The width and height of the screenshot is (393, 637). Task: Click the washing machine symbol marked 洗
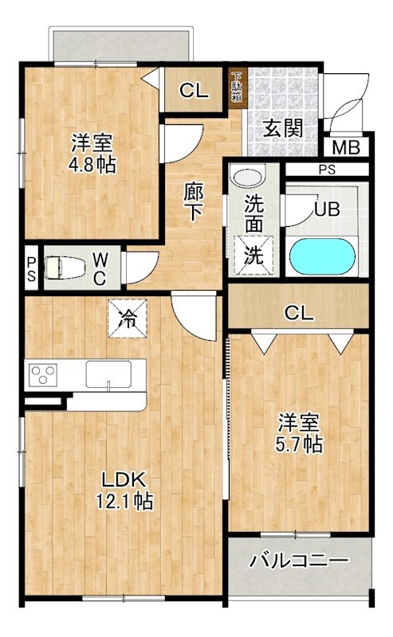coord(253,256)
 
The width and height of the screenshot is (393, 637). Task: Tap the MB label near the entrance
coord(345,147)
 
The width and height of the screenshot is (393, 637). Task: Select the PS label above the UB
coord(326,169)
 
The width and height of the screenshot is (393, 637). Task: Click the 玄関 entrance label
coord(283,127)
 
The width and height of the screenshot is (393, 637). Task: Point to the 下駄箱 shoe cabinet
coord(237,88)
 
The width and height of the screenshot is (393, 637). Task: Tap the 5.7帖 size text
coord(300,444)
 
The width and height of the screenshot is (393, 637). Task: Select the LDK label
coord(121,480)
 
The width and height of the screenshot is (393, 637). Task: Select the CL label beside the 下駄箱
coord(193,90)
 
